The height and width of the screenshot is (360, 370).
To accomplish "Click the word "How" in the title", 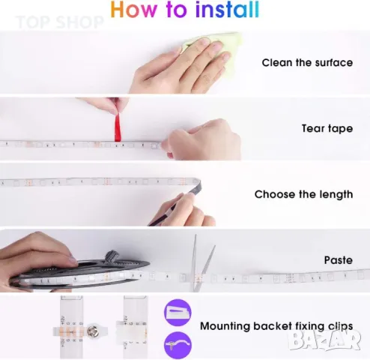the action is pyautogui.click(x=133, y=10).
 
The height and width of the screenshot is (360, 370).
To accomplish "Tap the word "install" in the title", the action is pyautogui.click(x=228, y=10).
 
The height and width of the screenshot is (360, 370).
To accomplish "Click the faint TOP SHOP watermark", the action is pyautogui.click(x=60, y=22).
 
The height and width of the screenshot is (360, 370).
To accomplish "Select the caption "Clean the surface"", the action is pyautogui.click(x=307, y=62).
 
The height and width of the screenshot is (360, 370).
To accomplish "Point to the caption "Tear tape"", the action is pyautogui.click(x=327, y=128).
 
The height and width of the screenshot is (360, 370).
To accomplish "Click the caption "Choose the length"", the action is pyautogui.click(x=303, y=194).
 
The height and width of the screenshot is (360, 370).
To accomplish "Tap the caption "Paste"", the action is pyautogui.click(x=339, y=260).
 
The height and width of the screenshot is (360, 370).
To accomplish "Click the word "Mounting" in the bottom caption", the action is pyautogui.click(x=225, y=326).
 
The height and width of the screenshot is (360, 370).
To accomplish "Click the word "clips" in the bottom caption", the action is pyautogui.click(x=340, y=326).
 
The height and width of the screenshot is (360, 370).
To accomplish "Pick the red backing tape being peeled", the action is pyautogui.click(x=118, y=127).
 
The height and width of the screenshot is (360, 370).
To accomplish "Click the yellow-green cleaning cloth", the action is pyautogui.click(x=215, y=50).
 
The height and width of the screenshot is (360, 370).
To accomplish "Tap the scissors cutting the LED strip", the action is pyautogui.click(x=201, y=262).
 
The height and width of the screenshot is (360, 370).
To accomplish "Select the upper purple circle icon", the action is pyautogui.click(x=178, y=313).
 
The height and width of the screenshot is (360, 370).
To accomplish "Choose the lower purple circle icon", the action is pyautogui.click(x=178, y=345).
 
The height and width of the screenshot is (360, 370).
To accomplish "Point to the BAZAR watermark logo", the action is pyautogui.click(x=325, y=340).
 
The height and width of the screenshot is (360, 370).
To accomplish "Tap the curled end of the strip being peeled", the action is pyautogui.click(x=196, y=185).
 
